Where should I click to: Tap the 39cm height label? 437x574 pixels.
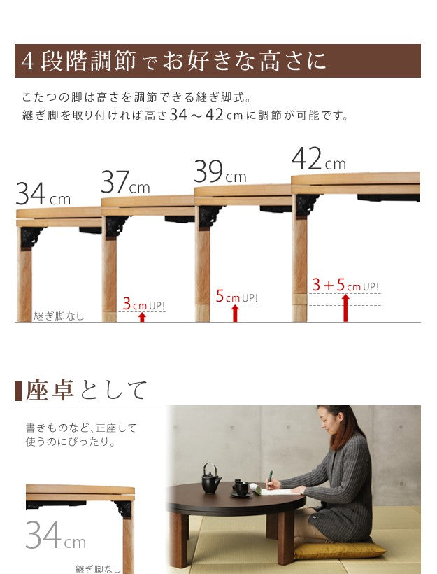(220, 171)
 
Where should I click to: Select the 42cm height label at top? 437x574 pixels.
(318, 159)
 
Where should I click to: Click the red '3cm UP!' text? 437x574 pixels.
(144, 305)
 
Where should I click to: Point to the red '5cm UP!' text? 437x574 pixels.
(236, 297)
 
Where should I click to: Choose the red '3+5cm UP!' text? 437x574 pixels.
(345, 286)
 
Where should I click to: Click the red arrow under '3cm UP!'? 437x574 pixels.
(142, 317)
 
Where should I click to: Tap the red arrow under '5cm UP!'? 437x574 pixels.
(235, 313)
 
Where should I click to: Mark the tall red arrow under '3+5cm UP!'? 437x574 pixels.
(345, 307)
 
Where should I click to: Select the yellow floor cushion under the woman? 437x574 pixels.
(338, 549)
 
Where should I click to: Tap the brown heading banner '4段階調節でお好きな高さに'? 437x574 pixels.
(217, 61)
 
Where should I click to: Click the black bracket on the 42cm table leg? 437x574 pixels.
(306, 205)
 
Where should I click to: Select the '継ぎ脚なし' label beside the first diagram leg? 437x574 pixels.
(59, 316)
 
